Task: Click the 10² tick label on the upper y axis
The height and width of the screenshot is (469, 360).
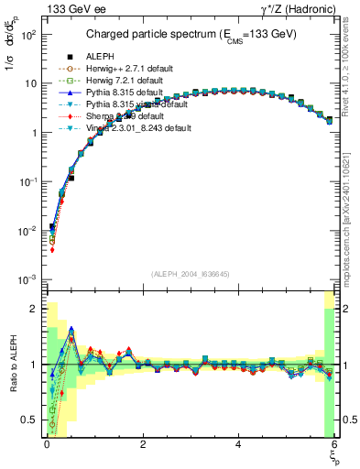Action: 29,34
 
